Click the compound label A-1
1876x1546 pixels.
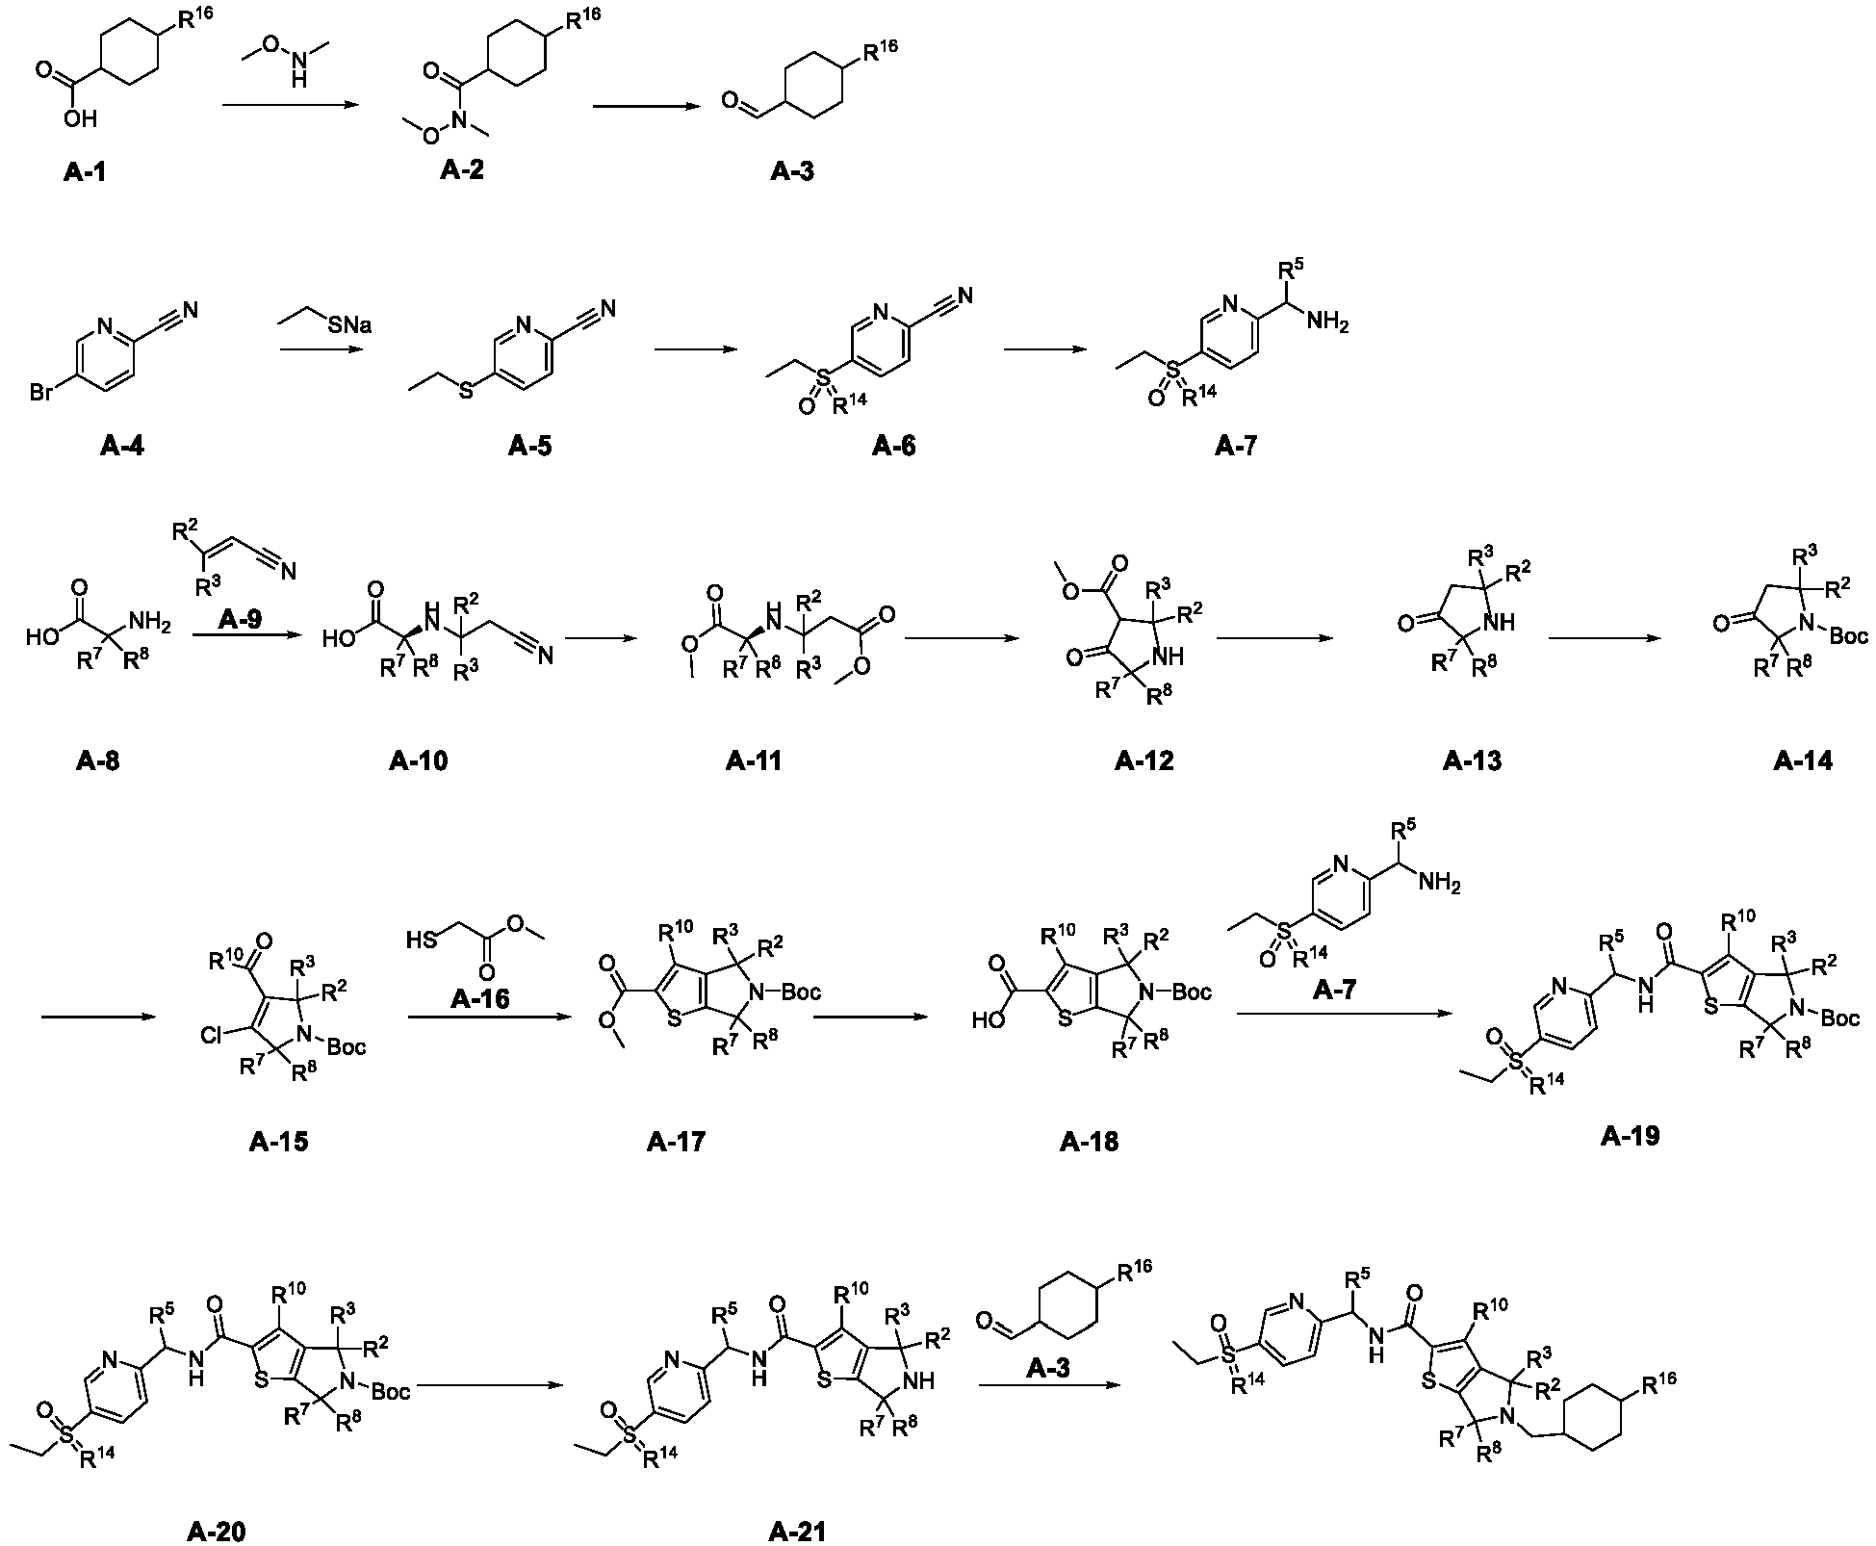(85, 172)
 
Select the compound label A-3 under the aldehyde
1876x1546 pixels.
(792, 171)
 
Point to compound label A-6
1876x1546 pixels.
(894, 446)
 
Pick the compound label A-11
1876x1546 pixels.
(754, 760)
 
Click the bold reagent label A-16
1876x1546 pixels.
(479, 999)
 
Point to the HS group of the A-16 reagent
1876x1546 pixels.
(422, 939)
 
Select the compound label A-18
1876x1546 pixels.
(1089, 1142)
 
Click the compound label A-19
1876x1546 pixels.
(1631, 1136)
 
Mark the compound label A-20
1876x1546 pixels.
(217, 1531)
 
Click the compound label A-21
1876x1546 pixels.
(798, 1531)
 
